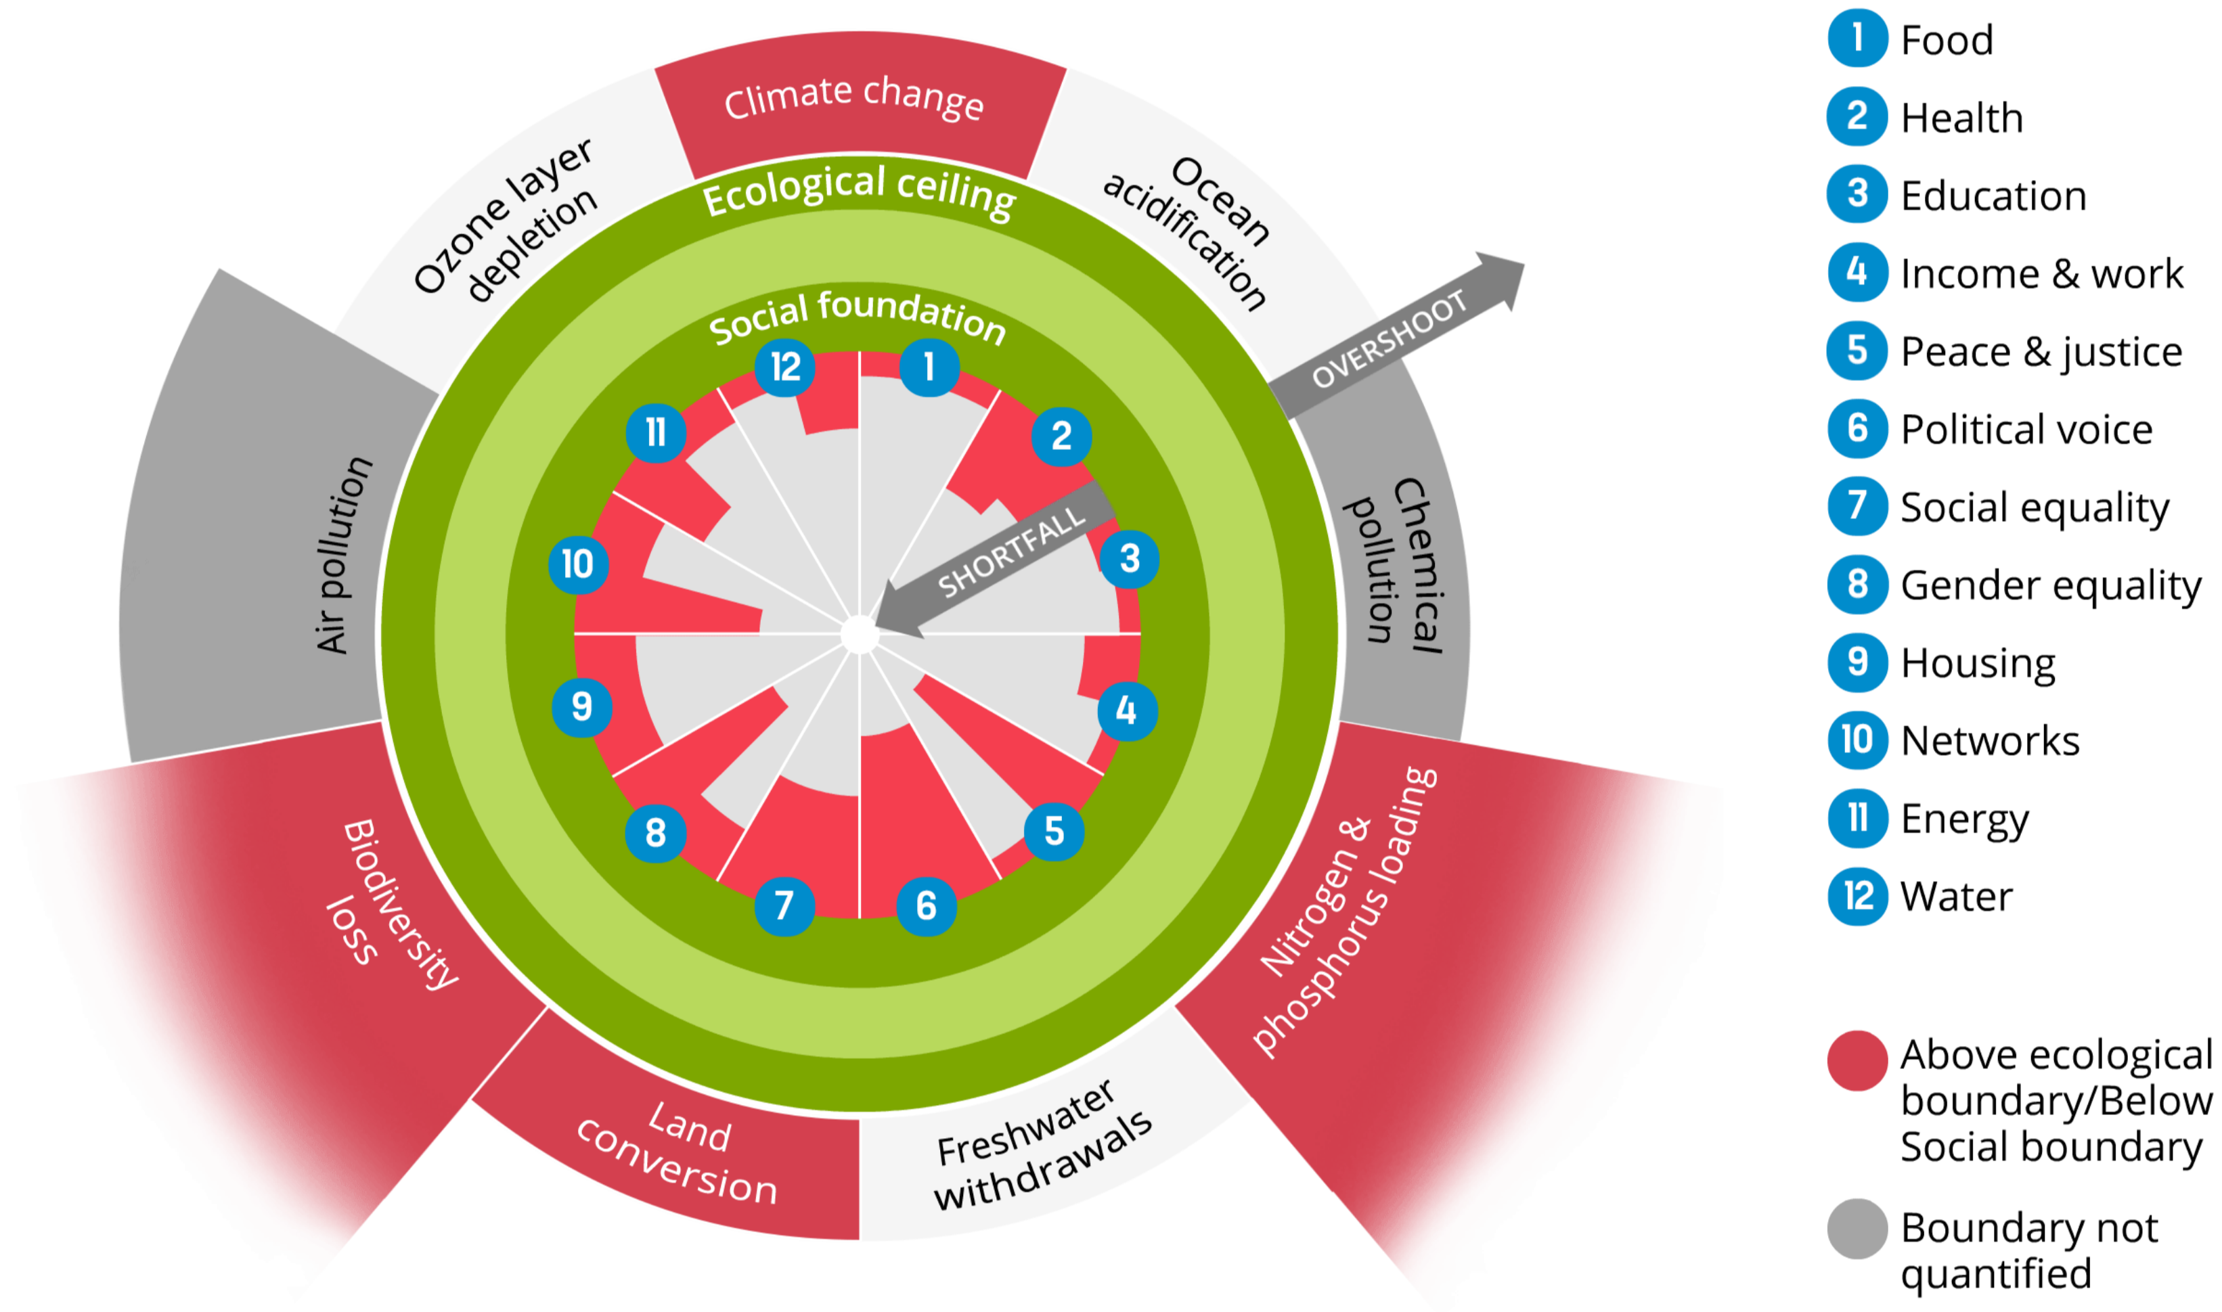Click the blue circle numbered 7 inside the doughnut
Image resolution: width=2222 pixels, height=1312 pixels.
[x=783, y=906]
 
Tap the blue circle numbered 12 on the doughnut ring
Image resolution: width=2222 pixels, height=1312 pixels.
[x=784, y=367]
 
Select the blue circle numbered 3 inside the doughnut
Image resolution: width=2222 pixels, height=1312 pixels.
[x=1129, y=559]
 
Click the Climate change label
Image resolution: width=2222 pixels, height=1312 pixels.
[x=853, y=97]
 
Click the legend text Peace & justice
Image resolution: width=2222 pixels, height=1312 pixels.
[x=2041, y=352]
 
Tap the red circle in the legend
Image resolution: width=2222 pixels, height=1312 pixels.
[x=1857, y=1060]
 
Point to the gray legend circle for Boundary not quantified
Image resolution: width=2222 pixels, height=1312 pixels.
[x=1857, y=1228]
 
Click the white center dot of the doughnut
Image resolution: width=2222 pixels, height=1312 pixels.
[x=859, y=635]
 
